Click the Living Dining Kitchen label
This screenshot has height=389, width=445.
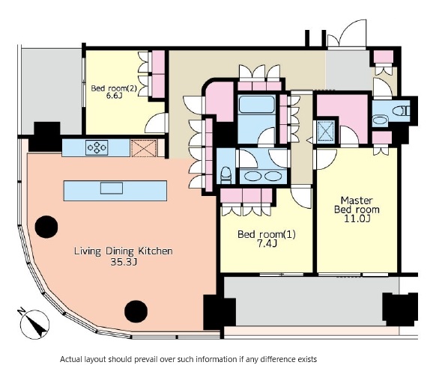(123, 251)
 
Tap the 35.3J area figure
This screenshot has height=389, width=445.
(124, 262)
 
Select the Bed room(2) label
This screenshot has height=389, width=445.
(114, 88)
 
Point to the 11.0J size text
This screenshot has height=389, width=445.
(357, 218)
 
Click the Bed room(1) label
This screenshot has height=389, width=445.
(267, 234)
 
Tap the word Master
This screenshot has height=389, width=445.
(357, 200)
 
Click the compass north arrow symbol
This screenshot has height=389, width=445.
(34, 325)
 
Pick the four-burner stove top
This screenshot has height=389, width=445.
(97, 147)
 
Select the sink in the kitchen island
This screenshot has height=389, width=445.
(112, 188)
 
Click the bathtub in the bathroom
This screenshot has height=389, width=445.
(257, 105)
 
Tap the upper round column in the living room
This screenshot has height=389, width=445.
(46, 227)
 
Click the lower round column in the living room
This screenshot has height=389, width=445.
(136, 311)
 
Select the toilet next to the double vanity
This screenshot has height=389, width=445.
(225, 175)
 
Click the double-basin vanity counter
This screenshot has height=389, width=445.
(264, 177)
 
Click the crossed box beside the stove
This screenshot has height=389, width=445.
(144, 148)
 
